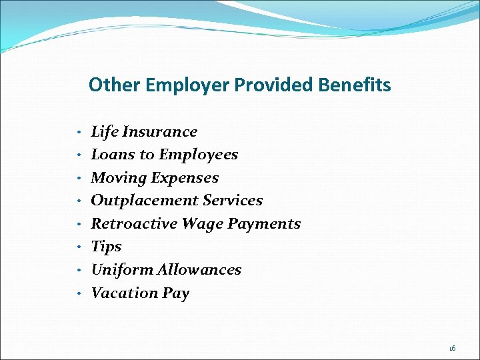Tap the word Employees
coord(197,155)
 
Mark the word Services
coord(233,201)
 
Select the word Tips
coord(106,247)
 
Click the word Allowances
coord(199,270)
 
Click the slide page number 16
coord(452,348)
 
